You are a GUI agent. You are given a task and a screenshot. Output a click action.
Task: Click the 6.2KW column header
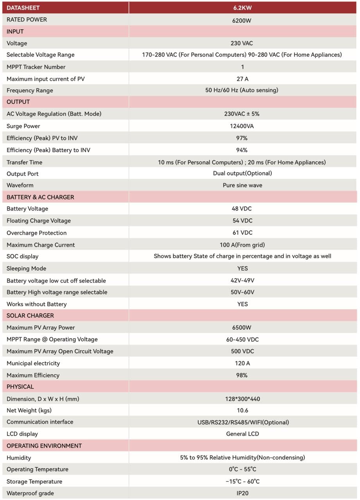coord(242,7)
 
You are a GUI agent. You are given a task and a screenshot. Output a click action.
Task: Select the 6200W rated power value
coord(242,20)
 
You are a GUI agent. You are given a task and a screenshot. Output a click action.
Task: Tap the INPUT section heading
coord(15,32)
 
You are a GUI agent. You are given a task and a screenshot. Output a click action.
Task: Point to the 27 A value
coord(242,79)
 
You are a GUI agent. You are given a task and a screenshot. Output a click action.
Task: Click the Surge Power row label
coord(23,126)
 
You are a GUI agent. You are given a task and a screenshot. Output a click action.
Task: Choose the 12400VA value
coord(242,126)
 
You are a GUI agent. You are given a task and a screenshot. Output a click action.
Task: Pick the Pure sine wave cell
coord(242,185)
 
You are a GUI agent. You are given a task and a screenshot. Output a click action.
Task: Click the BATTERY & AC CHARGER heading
coord(40,197)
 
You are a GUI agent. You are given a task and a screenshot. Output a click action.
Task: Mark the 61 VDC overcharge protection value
coord(242,233)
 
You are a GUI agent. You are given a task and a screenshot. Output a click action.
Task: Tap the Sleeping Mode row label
coord(26,268)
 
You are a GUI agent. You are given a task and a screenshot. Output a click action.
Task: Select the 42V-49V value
coord(242,280)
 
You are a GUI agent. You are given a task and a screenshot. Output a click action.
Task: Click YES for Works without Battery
coord(242,304)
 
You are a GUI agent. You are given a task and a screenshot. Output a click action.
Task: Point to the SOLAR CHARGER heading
coord(30,316)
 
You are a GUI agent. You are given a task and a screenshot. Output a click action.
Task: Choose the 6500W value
coord(242,328)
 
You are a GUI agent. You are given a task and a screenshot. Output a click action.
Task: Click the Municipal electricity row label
coord(33,363)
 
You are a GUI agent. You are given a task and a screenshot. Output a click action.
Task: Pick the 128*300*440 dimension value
coord(242,399)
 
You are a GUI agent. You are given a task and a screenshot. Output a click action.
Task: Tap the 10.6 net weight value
coord(242,411)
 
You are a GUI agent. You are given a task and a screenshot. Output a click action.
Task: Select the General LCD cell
coord(242,434)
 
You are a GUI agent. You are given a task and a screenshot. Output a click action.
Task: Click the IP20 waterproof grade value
coord(242,493)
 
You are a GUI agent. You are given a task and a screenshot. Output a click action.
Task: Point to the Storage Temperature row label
coord(34,482)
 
